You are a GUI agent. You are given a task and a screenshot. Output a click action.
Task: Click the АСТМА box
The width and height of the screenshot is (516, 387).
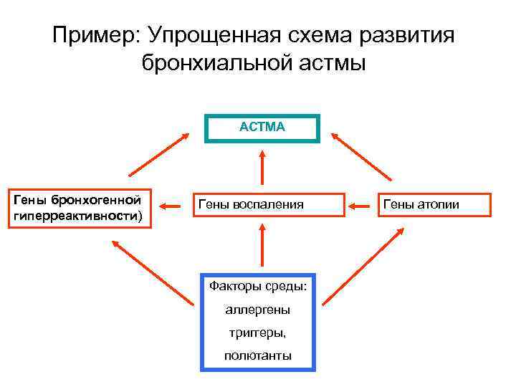pos(262,128)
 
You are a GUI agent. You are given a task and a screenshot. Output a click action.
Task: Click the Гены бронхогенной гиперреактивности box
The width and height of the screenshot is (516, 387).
pos(79,209)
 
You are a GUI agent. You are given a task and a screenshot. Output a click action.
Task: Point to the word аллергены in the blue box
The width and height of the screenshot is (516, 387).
pos(257,310)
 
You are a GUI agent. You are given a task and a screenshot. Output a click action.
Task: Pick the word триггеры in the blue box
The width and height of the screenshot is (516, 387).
pos(257,333)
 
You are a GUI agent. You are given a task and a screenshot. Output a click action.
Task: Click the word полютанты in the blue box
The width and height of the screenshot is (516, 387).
pos(257,355)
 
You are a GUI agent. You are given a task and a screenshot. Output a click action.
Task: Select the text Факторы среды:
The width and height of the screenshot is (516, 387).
pos(257,287)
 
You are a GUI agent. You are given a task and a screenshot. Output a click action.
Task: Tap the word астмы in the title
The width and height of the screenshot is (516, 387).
pos(332,63)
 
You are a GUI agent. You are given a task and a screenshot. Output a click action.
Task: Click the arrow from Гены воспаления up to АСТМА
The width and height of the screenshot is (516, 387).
pos(262,168)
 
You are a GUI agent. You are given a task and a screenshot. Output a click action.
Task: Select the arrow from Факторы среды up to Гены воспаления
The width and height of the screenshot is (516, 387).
pos(262,247)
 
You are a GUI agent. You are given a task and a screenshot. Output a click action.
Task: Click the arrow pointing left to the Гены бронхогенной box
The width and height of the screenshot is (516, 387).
pos(170,206)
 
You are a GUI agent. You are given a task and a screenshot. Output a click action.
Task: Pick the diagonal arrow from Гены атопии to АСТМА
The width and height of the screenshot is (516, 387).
pos(361,154)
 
